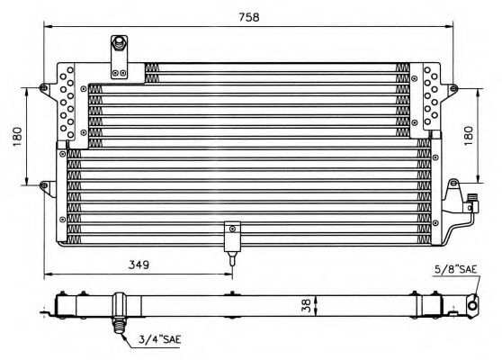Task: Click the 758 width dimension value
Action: tap(249, 17)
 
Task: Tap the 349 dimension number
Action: tap(139, 265)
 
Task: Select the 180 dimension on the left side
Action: tap(17, 137)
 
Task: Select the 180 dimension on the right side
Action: tap(468, 136)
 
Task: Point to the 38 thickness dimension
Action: tap(307, 305)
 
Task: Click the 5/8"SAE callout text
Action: tap(455, 269)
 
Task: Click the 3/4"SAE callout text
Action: tap(160, 339)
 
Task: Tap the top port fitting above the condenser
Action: tap(119, 43)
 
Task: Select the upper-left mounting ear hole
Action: tap(44, 87)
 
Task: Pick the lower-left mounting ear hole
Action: tap(44, 185)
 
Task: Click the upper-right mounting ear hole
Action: tap(453, 88)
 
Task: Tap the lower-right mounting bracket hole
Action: tap(453, 184)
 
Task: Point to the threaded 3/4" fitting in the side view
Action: tap(119, 325)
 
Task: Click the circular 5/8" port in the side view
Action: tap(472, 305)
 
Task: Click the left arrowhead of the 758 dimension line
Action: tap(48, 27)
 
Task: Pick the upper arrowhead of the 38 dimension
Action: tap(317, 299)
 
